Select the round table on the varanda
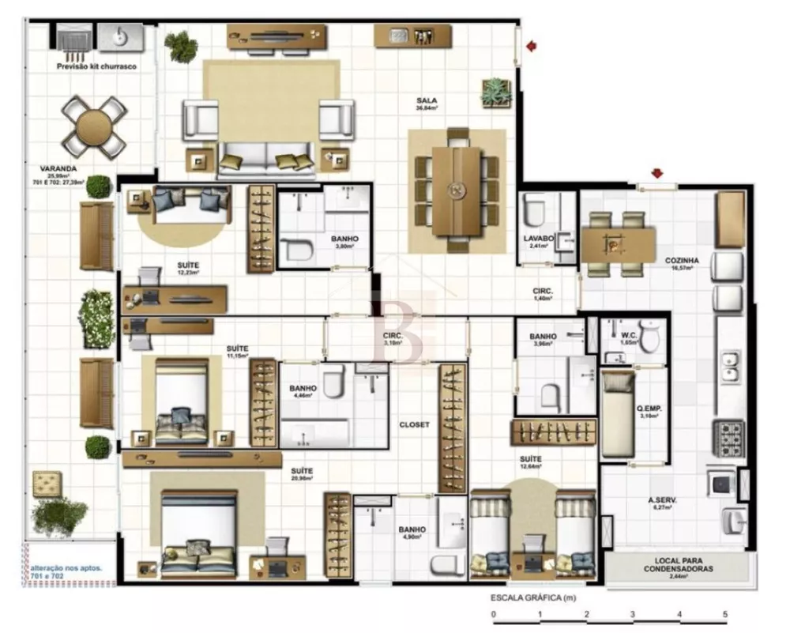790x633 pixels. [x=94, y=126]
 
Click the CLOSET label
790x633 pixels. [x=414, y=424]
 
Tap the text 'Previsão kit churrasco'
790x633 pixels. [x=96, y=67]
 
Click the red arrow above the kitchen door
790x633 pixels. [x=656, y=173]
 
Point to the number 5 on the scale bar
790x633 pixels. [x=724, y=614]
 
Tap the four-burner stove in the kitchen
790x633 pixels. [x=728, y=437]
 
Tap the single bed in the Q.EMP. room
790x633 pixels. [x=617, y=414]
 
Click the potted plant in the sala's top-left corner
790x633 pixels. [x=181, y=46]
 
